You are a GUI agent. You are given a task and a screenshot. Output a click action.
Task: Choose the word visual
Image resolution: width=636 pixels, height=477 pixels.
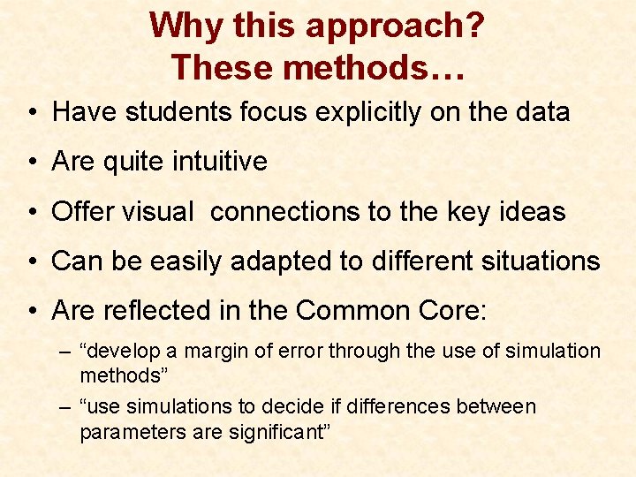coord(160,212)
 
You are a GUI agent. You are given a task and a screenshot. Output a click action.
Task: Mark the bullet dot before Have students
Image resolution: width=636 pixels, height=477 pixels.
coord(31,113)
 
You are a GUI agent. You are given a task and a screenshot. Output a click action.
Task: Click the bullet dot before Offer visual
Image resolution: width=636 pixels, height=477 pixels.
coord(31,213)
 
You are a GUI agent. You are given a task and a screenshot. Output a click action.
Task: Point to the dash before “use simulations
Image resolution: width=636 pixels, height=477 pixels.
coord(65,408)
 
